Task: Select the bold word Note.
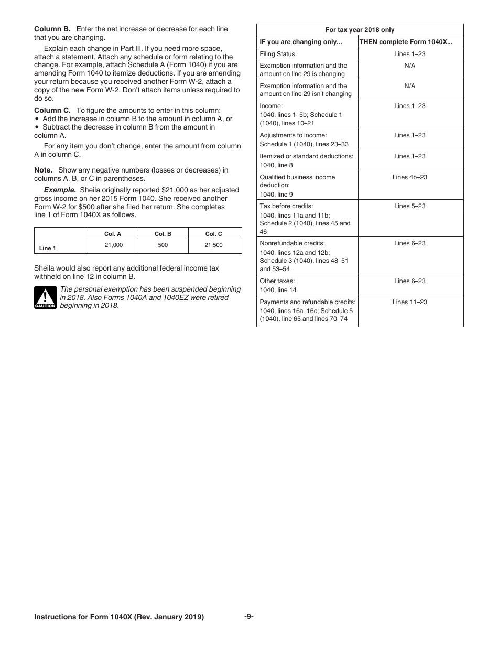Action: tap(43, 170)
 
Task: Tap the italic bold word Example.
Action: tap(60, 190)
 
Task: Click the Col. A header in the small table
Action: tap(113, 234)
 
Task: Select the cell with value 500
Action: tap(163, 245)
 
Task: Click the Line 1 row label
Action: tap(48, 248)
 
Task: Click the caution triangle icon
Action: tap(45, 298)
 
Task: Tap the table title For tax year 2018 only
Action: tap(360, 30)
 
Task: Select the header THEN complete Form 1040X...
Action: tap(405, 42)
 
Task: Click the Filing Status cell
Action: tap(277, 54)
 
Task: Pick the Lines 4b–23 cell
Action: tap(410, 177)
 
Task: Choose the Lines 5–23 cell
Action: tap(410, 206)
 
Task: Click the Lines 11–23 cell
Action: tap(410, 302)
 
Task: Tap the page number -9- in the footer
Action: tap(249, 617)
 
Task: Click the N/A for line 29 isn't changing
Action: tap(410, 86)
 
